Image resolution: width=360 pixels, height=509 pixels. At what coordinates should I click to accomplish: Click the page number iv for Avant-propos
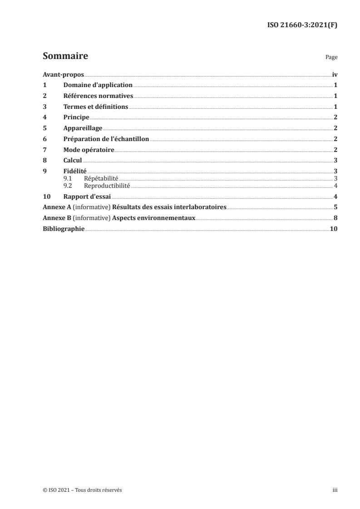[x=335, y=74]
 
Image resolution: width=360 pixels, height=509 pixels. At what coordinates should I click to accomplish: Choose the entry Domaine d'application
[x=98, y=85]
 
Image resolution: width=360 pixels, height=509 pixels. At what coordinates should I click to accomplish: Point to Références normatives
[x=98, y=96]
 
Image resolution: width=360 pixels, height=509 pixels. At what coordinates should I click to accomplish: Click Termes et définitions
[x=96, y=107]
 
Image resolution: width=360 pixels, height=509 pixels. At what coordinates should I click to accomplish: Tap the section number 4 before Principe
[x=44, y=117]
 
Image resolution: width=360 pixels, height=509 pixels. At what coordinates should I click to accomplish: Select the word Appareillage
[x=83, y=128]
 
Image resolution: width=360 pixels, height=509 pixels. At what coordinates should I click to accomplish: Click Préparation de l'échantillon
[x=106, y=139]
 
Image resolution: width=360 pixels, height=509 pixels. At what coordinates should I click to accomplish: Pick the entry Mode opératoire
[x=89, y=149]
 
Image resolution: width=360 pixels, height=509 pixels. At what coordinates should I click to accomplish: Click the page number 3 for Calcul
[x=335, y=160]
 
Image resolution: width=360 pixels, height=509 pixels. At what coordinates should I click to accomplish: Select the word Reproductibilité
[x=107, y=186]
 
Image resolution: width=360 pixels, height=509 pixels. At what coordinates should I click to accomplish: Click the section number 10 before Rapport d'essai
[x=46, y=196]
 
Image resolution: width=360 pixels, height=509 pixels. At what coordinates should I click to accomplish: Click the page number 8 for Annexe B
[x=335, y=218]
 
